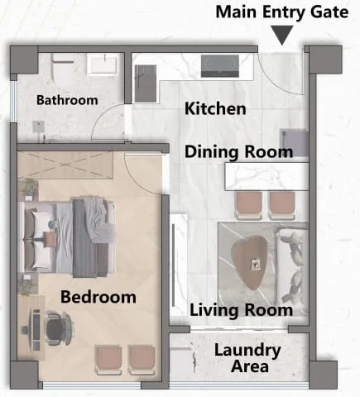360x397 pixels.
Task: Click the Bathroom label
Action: click(x=67, y=100)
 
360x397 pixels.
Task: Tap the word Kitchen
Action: click(x=215, y=108)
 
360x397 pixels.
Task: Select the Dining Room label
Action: click(x=238, y=152)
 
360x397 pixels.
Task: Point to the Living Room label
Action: click(x=241, y=310)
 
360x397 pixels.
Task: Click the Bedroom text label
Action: click(x=98, y=297)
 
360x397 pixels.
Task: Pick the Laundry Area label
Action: click(x=247, y=358)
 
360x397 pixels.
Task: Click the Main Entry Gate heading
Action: click(x=282, y=12)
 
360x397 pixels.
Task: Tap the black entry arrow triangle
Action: click(x=282, y=35)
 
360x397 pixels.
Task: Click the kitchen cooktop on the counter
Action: click(x=220, y=66)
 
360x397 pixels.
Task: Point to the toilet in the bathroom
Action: click(x=63, y=69)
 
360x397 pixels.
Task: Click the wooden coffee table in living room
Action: click(x=250, y=262)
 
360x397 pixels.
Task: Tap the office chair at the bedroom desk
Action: click(x=58, y=328)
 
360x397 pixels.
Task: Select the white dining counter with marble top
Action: click(x=266, y=176)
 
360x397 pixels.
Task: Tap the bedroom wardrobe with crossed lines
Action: click(x=65, y=165)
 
